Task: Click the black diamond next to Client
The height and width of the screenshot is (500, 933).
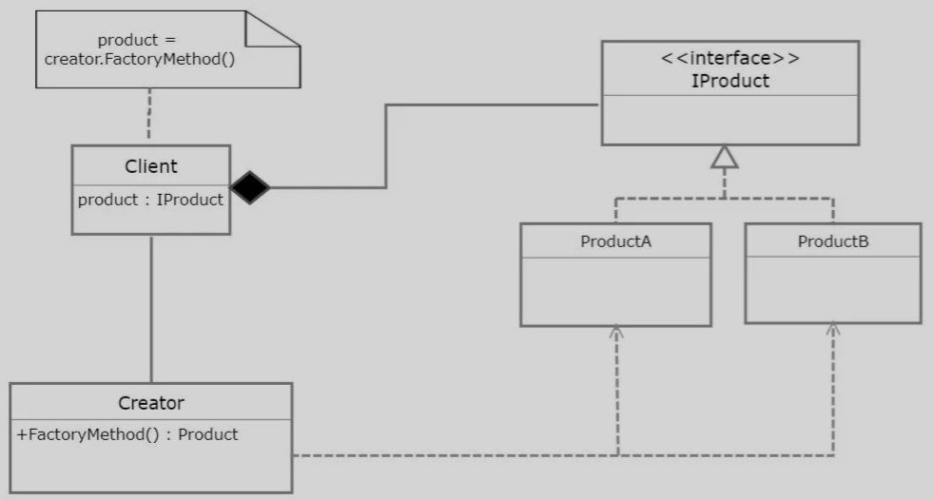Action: click(x=250, y=187)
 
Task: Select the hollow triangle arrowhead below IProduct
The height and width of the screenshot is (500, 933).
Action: click(x=725, y=157)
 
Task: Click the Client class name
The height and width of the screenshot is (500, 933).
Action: click(x=151, y=166)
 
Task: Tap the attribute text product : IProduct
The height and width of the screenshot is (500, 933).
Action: click(x=150, y=200)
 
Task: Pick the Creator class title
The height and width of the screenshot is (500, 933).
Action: click(x=151, y=403)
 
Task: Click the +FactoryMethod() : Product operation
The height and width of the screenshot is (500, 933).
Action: click(x=127, y=434)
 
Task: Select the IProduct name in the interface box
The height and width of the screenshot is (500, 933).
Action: click(x=729, y=81)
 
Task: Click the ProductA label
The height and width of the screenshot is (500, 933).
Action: click(x=615, y=241)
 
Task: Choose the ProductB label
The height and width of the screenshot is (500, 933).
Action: click(x=832, y=241)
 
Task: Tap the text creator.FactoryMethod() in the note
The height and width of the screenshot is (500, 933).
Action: click(x=139, y=59)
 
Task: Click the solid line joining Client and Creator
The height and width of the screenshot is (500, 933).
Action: click(x=151, y=309)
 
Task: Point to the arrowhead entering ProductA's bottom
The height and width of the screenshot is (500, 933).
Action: click(x=616, y=333)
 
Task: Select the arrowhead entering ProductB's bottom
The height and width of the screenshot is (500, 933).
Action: click(x=833, y=329)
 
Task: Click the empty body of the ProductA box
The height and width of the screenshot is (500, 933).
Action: click(x=615, y=291)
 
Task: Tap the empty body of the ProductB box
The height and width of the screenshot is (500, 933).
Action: click(x=832, y=289)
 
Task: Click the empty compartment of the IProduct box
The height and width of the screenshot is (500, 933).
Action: click(x=729, y=120)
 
